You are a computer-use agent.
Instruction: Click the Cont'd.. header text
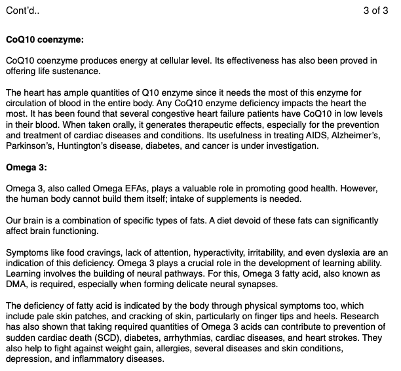22,11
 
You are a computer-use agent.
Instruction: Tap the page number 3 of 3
375,11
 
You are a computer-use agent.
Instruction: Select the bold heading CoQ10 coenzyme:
45,39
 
